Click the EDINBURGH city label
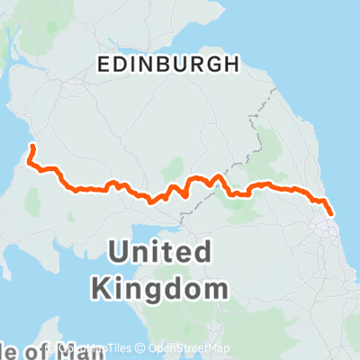(166, 64)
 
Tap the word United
(161, 251)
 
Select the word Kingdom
(157, 289)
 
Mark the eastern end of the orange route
(331, 213)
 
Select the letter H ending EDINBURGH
(233, 64)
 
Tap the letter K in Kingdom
(103, 289)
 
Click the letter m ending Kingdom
(211, 289)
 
